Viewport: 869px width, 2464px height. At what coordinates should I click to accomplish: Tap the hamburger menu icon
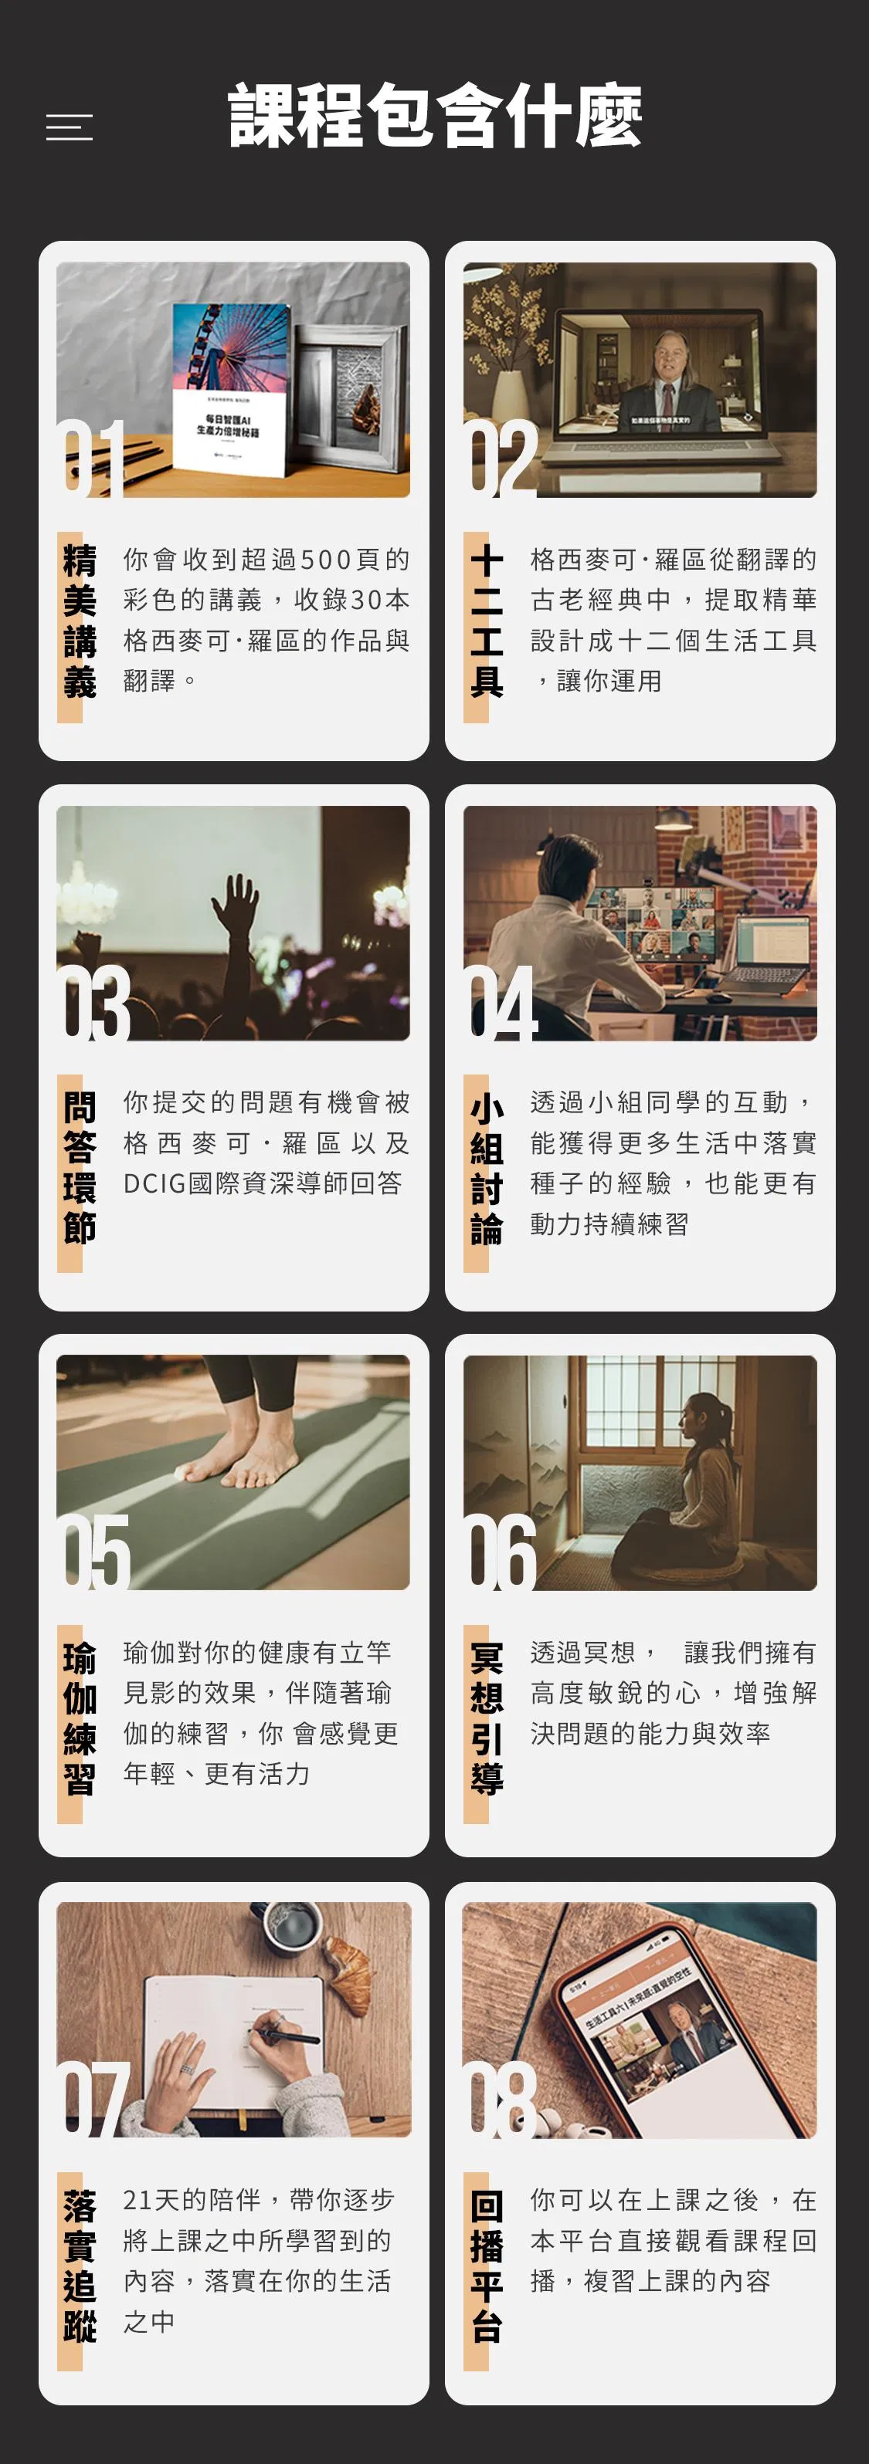coord(70,127)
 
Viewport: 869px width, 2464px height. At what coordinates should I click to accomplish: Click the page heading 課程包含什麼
coord(434,116)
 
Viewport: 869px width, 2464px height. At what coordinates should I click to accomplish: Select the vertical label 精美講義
coord(80,621)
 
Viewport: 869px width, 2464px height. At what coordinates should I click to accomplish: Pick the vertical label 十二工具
coord(486,621)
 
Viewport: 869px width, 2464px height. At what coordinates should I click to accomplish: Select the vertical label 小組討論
coord(486,1169)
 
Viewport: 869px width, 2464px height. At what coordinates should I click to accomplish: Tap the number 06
coord(501,1552)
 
